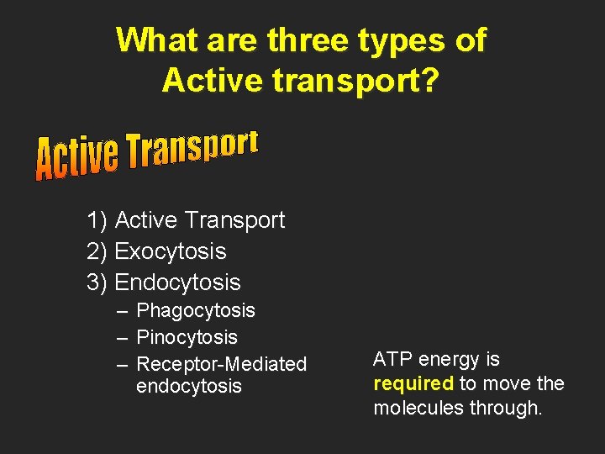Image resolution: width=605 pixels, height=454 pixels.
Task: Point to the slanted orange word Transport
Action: point(192,152)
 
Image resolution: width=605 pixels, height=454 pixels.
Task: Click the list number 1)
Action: point(97,220)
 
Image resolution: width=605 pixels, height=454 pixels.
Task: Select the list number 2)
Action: point(97,251)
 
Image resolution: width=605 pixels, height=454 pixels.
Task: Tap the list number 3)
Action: point(97,282)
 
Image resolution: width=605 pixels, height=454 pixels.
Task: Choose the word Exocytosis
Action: point(171,251)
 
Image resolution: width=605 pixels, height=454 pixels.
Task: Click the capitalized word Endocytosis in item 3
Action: point(177,282)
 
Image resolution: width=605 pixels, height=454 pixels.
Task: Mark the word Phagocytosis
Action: point(196,311)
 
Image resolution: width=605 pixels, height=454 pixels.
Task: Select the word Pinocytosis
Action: point(187,338)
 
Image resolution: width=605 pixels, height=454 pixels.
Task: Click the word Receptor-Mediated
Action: point(221,364)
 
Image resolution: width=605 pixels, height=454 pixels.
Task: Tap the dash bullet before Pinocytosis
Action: point(122,338)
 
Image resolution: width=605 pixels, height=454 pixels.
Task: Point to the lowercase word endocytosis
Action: point(188,387)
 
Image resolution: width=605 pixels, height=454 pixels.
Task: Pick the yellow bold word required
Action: point(413,384)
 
